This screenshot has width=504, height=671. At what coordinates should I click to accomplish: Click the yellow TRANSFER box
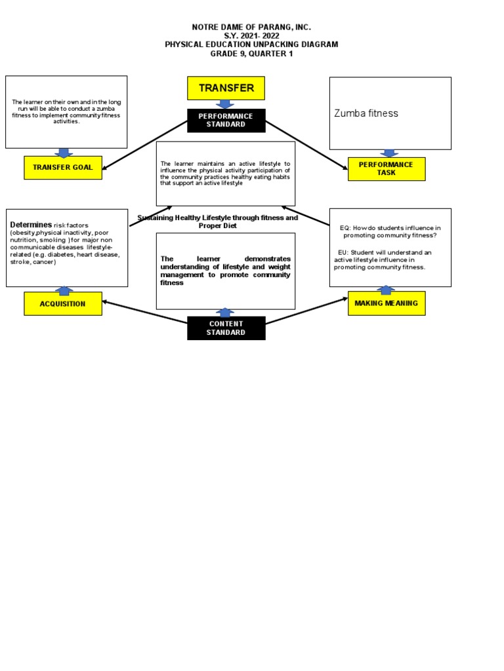[x=226, y=88]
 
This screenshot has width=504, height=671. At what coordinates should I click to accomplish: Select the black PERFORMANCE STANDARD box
[x=226, y=121]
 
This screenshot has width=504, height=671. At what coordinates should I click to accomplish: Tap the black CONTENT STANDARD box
[x=226, y=328]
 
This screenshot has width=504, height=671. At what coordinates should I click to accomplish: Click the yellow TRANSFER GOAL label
[x=63, y=168]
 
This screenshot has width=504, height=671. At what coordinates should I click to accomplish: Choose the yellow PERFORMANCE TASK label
[x=386, y=169]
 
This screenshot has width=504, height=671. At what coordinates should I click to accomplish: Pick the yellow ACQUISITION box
[x=63, y=304]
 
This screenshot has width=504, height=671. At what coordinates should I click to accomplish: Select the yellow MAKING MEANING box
[x=386, y=303]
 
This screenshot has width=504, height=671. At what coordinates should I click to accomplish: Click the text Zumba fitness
[x=366, y=113]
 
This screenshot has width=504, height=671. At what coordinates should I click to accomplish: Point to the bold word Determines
[x=31, y=225]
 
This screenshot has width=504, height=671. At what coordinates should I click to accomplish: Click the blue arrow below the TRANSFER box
[x=226, y=104]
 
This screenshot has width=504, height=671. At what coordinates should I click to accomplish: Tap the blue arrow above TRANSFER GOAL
[x=64, y=153]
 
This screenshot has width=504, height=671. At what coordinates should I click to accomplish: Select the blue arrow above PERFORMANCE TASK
[x=388, y=153]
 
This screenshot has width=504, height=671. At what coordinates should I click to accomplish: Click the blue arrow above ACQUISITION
[x=64, y=290]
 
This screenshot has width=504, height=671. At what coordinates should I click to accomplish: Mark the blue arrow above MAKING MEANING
[x=386, y=290]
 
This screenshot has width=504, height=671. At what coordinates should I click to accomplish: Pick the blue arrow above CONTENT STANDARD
[x=225, y=313]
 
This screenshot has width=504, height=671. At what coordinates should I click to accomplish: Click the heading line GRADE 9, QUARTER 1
[x=251, y=54]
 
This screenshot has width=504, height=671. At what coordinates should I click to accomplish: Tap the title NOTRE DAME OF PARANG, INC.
[x=251, y=27]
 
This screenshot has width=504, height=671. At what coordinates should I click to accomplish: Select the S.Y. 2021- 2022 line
[x=251, y=36]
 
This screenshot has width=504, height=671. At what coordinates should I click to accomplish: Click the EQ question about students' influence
[x=390, y=231]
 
